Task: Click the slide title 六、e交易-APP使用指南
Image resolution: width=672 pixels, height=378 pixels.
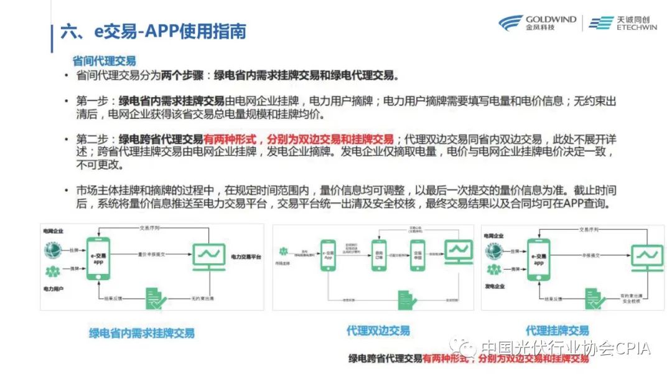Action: pyautogui.click(x=153, y=32)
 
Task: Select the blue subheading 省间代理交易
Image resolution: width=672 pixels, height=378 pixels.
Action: pyautogui.click(x=104, y=61)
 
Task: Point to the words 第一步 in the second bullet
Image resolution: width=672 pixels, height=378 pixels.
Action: pyautogui.click(x=92, y=101)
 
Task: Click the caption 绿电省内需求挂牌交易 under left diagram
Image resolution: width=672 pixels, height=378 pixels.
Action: pyautogui.click(x=141, y=333)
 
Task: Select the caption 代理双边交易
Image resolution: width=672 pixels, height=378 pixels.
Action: pyautogui.click(x=378, y=331)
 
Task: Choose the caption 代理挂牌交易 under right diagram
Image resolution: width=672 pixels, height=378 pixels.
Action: pyautogui.click(x=557, y=330)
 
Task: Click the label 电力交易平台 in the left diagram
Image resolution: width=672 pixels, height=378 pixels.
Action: pyautogui.click(x=246, y=257)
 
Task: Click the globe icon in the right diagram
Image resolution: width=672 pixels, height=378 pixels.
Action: pyautogui.click(x=495, y=251)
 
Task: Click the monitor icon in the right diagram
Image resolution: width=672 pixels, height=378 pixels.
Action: pyautogui.click(x=647, y=255)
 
